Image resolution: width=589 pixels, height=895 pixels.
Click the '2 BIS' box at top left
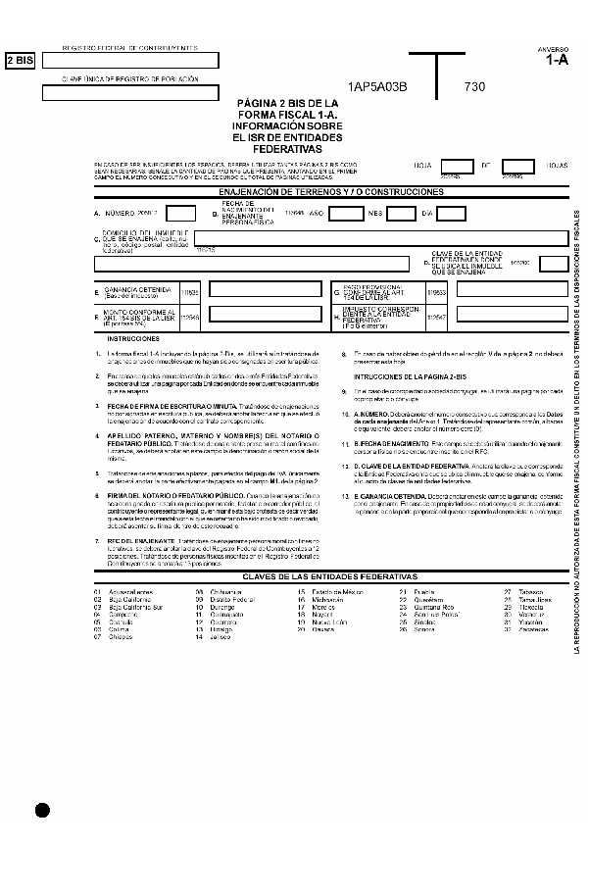pos(20,61)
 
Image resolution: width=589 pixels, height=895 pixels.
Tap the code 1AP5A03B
pos(376,86)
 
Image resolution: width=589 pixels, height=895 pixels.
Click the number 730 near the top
pos(475,86)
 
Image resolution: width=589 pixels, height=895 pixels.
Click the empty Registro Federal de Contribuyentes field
pos(129,61)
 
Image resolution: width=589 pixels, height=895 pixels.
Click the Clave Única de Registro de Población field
pos(129,94)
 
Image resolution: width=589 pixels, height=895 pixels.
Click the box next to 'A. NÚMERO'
pos(179,213)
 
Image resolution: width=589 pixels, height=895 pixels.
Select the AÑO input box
pos(346,213)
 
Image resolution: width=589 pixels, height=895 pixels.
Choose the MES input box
pos(400,213)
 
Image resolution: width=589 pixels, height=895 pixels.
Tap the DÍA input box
pos(448,213)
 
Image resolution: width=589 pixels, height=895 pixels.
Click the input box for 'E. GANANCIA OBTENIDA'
pos(259,289)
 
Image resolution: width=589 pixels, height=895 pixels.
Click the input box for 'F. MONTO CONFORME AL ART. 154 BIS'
pos(259,318)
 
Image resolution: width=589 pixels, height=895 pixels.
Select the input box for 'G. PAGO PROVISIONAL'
pos(512,289)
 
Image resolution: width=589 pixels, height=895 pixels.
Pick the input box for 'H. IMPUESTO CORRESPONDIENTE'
pos(512,318)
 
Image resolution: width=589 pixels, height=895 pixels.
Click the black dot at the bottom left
pos(41,809)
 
